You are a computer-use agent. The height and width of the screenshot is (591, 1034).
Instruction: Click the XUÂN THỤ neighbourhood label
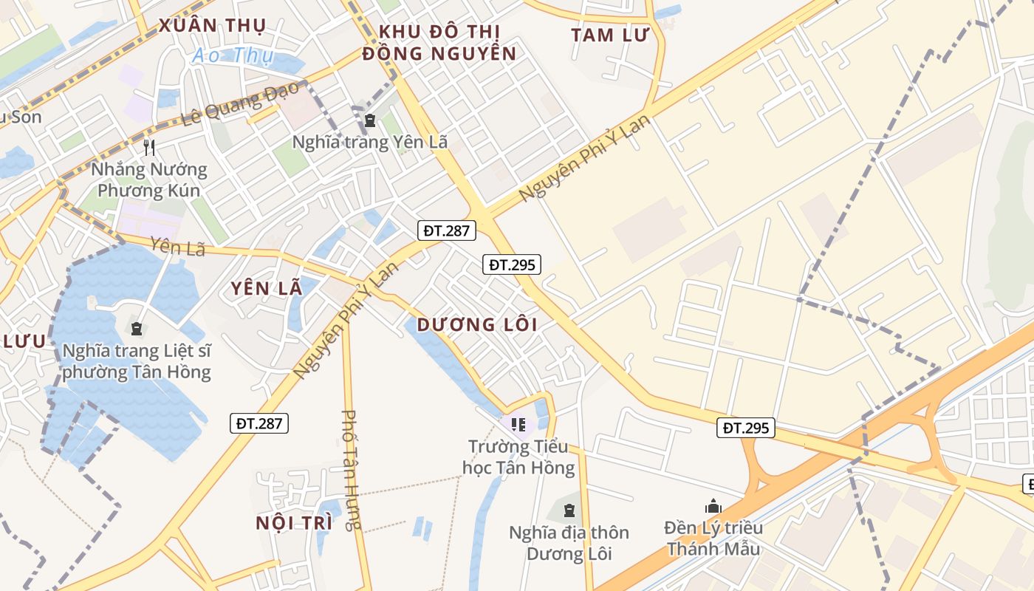(211, 26)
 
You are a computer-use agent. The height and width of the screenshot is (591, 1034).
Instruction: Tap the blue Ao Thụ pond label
(233, 55)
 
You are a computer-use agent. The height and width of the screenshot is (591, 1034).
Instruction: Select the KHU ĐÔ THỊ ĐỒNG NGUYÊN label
(439, 42)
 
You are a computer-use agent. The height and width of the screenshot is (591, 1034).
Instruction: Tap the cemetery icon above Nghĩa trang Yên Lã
(369, 120)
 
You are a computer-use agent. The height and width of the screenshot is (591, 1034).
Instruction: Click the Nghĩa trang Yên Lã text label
(369, 142)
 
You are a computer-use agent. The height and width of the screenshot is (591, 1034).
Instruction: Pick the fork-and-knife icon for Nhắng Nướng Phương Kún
(149, 147)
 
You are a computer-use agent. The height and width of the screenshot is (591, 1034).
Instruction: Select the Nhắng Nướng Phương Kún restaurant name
(149, 180)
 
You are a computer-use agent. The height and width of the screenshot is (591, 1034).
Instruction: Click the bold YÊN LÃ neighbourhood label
(266, 289)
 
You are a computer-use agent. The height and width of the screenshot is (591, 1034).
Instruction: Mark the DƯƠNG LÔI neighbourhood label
(476, 324)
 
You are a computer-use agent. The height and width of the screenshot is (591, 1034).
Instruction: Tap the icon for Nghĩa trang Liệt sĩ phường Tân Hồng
(136, 327)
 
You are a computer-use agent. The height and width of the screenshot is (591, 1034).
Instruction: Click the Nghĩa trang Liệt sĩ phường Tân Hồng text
(137, 361)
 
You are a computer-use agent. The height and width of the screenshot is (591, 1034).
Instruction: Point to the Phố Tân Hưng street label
(351, 470)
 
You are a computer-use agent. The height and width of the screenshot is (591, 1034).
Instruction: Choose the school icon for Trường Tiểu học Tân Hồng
(518, 424)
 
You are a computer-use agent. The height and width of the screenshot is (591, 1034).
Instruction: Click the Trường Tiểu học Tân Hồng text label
(518, 457)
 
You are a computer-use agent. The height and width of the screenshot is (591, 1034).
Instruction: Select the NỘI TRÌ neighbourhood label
(293, 523)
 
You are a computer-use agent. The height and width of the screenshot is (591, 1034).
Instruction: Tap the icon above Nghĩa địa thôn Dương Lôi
(569, 510)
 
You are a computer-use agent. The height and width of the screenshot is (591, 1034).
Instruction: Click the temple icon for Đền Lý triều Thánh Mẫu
(713, 506)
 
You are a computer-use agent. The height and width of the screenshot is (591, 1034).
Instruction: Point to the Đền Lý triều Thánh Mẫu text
(713, 539)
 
